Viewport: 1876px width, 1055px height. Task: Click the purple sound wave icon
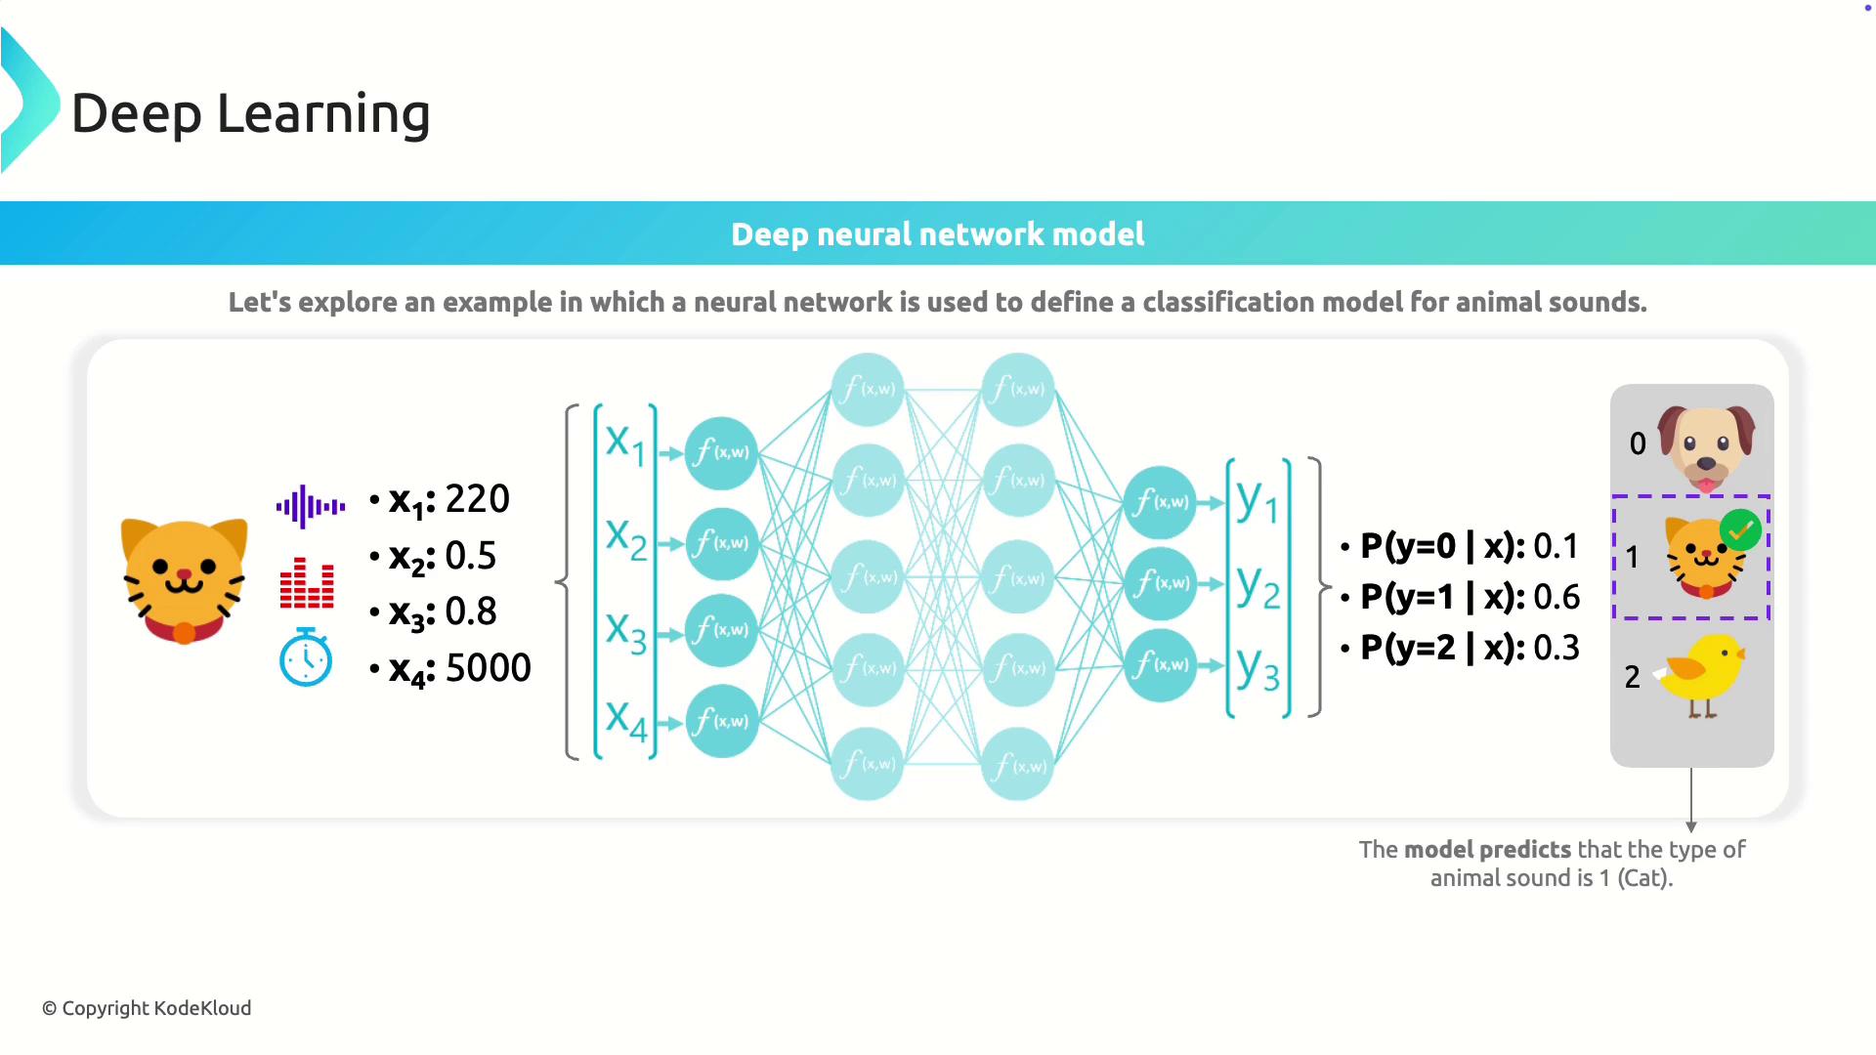tap(310, 506)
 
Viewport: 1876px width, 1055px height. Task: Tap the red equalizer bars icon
tap(307, 583)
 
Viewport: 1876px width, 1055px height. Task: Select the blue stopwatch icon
tap(306, 658)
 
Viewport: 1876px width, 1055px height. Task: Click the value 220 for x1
tap(478, 499)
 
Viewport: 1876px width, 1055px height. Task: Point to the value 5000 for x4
tap(488, 668)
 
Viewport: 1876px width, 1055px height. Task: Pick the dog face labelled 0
tap(1706, 445)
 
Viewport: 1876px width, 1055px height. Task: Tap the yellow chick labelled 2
tap(1702, 673)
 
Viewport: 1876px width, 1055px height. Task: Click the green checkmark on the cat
tap(1740, 529)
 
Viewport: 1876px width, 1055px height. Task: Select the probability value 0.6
tap(1556, 597)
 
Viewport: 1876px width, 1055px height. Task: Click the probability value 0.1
tap(1556, 546)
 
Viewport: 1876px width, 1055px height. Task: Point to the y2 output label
tap(1258, 587)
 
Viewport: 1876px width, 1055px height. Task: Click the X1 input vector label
tap(625, 444)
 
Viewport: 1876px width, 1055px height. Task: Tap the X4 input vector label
tap(625, 720)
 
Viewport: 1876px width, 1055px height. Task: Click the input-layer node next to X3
tap(722, 630)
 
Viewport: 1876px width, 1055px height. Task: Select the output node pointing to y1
tap(1160, 502)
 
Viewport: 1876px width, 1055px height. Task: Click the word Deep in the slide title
tap(137, 113)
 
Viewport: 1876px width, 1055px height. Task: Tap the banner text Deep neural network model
tap(937, 234)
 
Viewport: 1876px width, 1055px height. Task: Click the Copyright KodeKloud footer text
tap(148, 1008)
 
